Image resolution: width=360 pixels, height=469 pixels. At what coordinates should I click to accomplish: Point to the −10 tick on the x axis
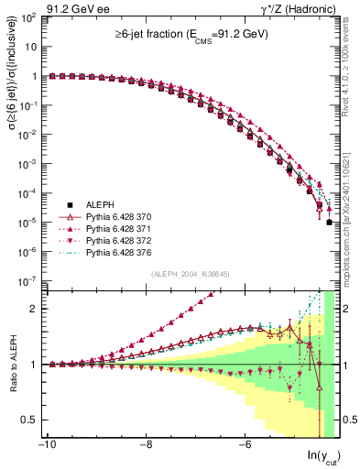pyautogui.click(x=47, y=446)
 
